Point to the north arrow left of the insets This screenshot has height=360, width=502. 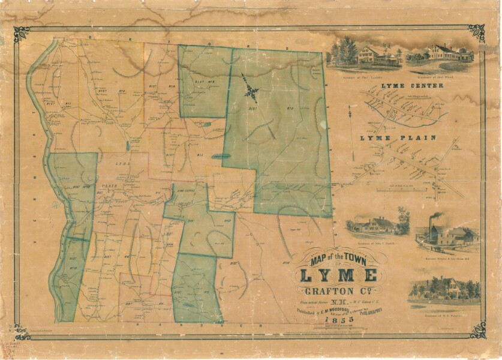(x=351, y=110)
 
